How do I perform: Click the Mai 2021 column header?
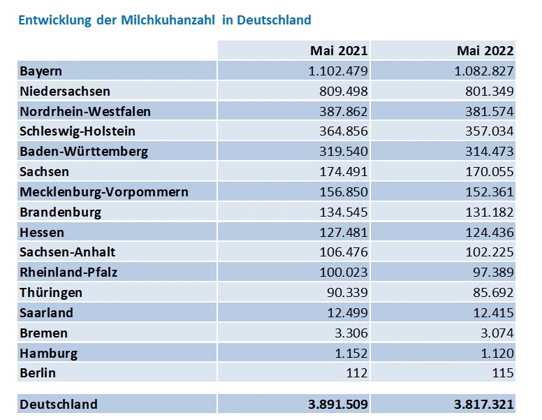(339, 51)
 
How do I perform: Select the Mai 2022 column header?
(485, 51)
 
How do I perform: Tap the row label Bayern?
(41, 71)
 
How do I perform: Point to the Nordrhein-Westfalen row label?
(85, 111)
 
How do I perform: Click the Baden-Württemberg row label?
(84, 152)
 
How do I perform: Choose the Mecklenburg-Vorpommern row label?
(104, 192)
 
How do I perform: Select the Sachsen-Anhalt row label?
(68, 252)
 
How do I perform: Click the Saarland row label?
(47, 313)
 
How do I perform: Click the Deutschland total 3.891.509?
(332, 405)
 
